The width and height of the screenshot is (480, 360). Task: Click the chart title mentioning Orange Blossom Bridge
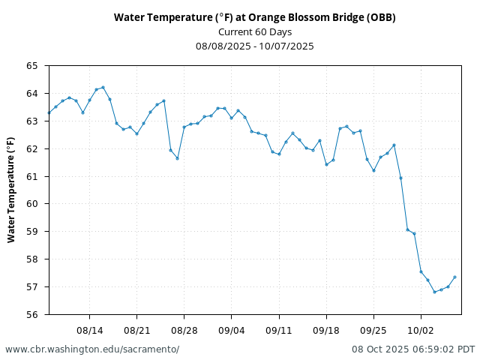pos(254,17)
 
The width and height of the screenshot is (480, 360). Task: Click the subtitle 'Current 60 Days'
pos(254,31)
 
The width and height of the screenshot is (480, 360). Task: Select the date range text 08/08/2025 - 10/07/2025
pos(254,46)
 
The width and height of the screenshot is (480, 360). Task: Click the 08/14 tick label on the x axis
pos(89,330)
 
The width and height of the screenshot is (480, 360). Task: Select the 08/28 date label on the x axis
pos(184,330)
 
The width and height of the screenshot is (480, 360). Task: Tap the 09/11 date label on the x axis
pos(278,330)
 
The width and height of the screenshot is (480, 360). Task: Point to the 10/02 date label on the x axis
pos(421,330)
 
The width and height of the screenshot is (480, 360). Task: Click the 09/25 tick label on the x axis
pos(373,330)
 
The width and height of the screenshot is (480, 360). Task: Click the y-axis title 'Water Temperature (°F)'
pos(11,189)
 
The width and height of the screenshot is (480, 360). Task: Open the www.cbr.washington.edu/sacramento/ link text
pos(92,349)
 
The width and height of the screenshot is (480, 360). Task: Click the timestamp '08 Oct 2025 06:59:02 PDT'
pos(413,349)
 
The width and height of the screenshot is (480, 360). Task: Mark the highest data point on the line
pos(103,87)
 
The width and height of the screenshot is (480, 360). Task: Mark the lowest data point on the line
pos(434,292)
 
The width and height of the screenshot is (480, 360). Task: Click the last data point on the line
pos(454,277)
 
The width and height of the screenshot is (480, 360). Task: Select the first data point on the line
pos(49,113)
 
